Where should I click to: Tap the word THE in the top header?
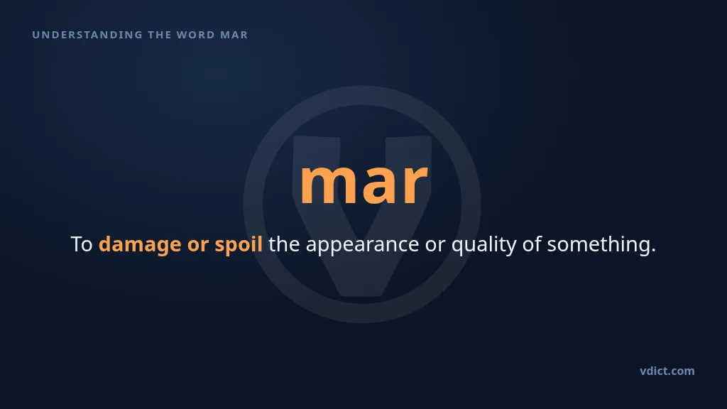pos(159,35)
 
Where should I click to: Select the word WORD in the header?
pos(196,35)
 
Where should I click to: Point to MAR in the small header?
pos(234,35)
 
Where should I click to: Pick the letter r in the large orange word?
pos(415,184)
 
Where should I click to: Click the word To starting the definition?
pos(82,244)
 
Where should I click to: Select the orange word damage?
pos(140,245)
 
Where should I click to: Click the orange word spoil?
pos(239,245)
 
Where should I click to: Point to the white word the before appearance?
pos(284,244)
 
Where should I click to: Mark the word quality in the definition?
pos(483,245)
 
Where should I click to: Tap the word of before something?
pos(531,244)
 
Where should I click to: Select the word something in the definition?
pos(598,245)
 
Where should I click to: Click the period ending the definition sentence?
pos(653,251)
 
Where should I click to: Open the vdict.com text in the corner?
pos(667,371)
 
